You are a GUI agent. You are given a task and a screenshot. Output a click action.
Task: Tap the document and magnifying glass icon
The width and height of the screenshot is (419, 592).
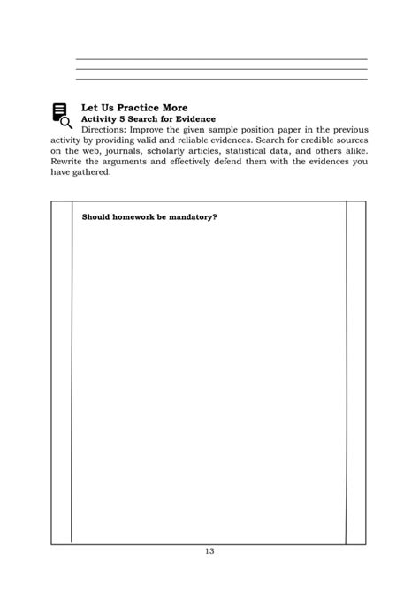tap(61, 116)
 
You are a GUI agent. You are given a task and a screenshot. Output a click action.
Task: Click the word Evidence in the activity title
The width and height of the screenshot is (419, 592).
tap(193, 118)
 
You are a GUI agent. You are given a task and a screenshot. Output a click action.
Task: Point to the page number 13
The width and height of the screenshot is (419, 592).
tap(209, 551)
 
